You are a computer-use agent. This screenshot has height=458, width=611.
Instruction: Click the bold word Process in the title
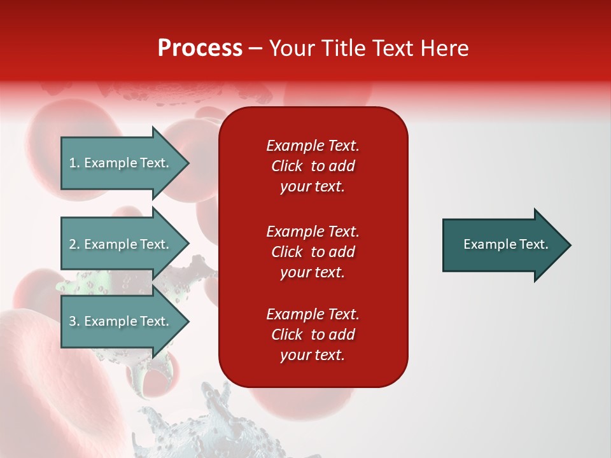[200, 48]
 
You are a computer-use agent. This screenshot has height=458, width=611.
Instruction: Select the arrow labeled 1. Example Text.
[121, 163]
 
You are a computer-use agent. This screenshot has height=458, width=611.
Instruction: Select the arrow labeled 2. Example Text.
[121, 244]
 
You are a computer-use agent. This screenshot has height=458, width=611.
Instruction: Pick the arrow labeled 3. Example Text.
[121, 321]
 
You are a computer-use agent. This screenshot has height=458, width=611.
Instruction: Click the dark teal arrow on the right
[503, 245]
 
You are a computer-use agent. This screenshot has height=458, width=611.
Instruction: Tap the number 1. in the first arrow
[74, 163]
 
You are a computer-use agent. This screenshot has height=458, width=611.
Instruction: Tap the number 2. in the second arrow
[74, 244]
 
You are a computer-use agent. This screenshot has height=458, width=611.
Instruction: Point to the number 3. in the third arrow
[74, 321]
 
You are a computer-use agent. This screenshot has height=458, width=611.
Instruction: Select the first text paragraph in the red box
[313, 166]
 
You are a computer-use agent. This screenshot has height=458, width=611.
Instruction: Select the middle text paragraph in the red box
[313, 252]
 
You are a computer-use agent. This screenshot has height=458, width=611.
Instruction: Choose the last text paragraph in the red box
[313, 335]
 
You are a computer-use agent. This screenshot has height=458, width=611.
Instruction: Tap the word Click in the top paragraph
[286, 167]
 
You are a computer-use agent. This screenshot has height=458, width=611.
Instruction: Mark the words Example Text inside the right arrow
[505, 244]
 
